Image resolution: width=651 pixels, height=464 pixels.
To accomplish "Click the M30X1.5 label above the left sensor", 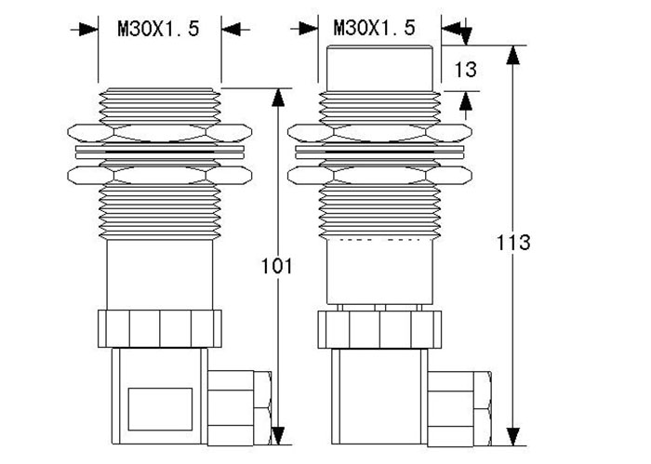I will [158, 29].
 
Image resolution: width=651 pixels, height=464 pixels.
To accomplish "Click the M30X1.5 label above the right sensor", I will [375, 28].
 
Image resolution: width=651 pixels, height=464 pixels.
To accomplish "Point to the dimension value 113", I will [512, 244].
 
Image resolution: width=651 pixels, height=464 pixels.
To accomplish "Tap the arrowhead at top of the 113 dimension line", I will [512, 54].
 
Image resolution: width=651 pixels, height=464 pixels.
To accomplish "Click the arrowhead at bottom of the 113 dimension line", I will [512, 435].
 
